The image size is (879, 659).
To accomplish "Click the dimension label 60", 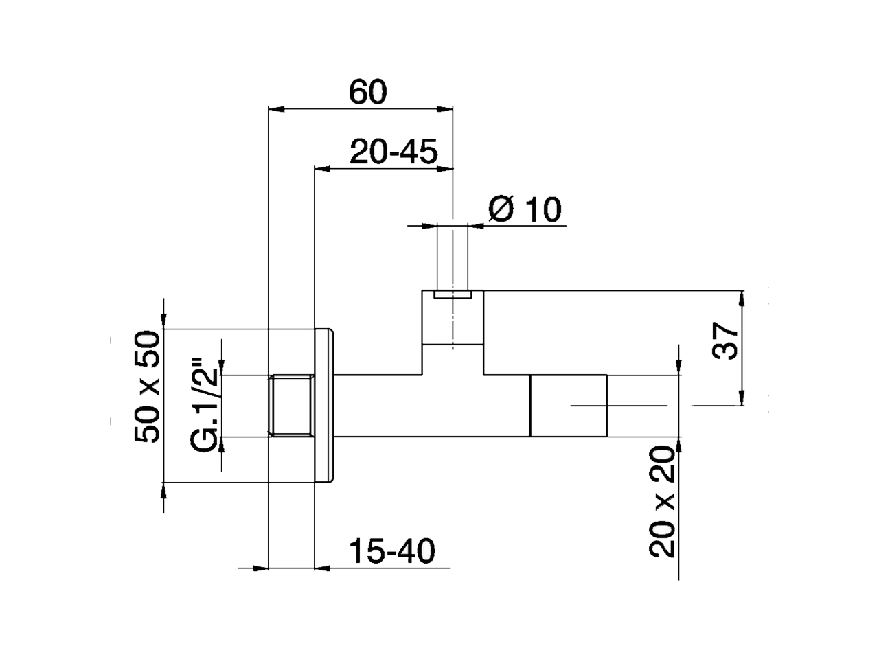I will click(369, 91).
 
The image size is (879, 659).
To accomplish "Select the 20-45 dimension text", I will click(393, 151).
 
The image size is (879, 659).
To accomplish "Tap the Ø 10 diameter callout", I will click(525, 209).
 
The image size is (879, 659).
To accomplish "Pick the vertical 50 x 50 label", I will click(148, 387).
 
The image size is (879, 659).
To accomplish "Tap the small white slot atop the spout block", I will click(453, 295).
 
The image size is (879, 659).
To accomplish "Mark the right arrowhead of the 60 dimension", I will click(446, 108).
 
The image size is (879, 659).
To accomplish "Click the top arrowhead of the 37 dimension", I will click(742, 298).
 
